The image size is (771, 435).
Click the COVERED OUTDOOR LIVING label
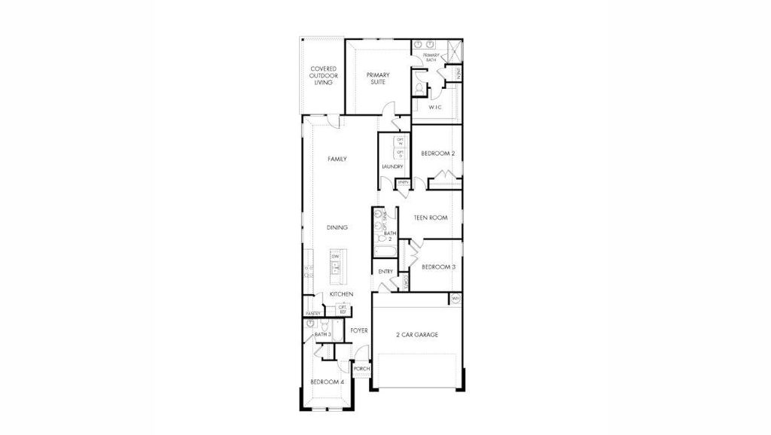pyautogui.click(x=324, y=75)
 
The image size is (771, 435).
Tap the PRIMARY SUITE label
pyautogui.click(x=376, y=78)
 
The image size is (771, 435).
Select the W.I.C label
pyautogui.click(x=434, y=108)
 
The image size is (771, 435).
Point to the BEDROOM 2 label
pyautogui.click(x=437, y=154)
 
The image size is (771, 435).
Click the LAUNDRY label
pyautogui.click(x=392, y=167)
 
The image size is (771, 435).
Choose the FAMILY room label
pyautogui.click(x=337, y=159)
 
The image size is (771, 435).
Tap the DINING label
pyautogui.click(x=337, y=227)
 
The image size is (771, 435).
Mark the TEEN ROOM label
pyautogui.click(x=431, y=217)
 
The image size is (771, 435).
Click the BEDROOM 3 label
pyautogui.click(x=437, y=267)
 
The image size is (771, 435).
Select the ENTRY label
pyautogui.click(x=385, y=272)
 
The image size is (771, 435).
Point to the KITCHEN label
pyautogui.click(x=341, y=294)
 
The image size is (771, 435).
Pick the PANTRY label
pyautogui.click(x=313, y=313)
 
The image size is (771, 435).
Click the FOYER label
pyautogui.click(x=358, y=330)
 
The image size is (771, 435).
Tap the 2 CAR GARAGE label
pyautogui.click(x=417, y=335)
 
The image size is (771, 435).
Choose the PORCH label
pyautogui.click(x=361, y=369)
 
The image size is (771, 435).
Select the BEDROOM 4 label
pyautogui.click(x=330, y=382)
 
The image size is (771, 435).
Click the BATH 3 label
pyautogui.click(x=322, y=334)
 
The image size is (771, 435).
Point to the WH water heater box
pyautogui.click(x=456, y=300)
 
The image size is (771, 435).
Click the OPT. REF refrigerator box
pyautogui.click(x=343, y=309)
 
